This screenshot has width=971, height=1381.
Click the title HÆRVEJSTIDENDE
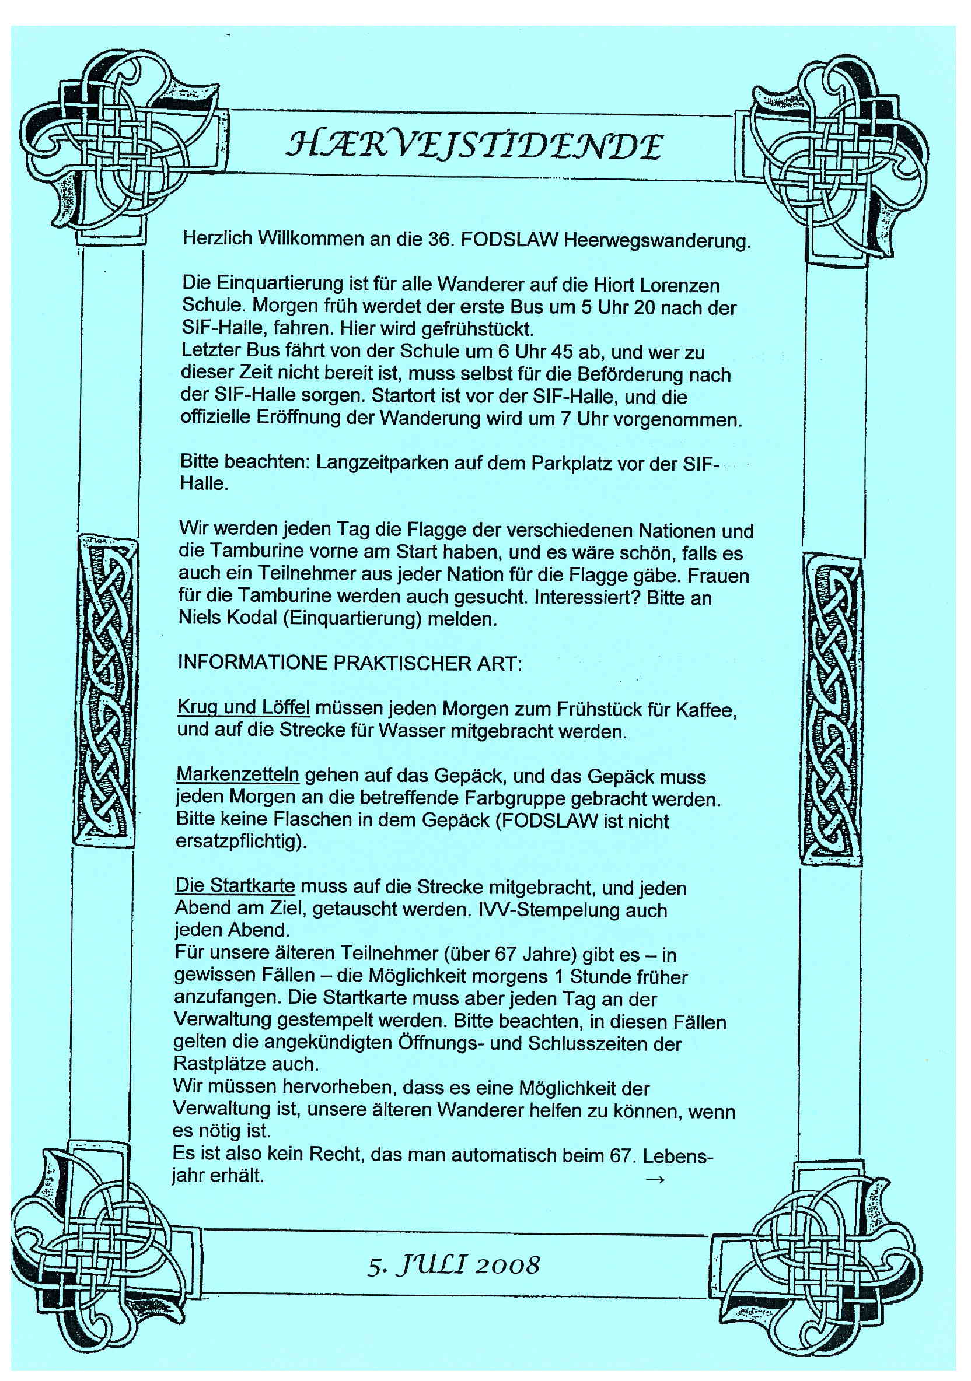(474, 146)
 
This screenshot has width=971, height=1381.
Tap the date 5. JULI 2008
(453, 1265)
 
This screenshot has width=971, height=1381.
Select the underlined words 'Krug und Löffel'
(243, 708)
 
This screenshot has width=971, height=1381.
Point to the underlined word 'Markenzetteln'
(237, 774)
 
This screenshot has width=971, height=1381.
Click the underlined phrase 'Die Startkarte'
(235, 886)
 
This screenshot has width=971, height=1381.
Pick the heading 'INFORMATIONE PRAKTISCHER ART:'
(349, 664)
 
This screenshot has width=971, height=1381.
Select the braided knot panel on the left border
(105, 692)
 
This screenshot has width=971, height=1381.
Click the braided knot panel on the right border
(832, 710)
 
